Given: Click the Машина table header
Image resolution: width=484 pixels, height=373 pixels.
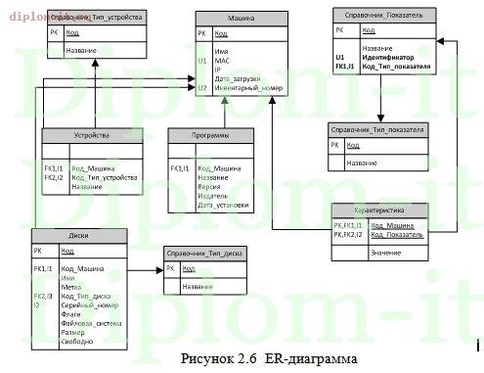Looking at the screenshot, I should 242,19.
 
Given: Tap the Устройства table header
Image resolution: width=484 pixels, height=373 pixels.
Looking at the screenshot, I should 93,135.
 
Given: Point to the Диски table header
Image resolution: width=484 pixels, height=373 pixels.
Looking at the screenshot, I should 78,234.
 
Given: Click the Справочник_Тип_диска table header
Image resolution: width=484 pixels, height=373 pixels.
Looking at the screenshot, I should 204,253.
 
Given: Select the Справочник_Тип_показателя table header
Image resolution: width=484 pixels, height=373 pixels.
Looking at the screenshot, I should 377,129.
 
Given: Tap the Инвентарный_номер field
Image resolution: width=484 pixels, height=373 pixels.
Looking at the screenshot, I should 244,88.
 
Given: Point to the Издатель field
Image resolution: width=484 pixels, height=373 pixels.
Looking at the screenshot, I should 212,196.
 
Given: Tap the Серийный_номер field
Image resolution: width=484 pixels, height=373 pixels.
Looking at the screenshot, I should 89,305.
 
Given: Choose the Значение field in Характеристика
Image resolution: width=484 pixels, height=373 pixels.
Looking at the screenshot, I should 385,254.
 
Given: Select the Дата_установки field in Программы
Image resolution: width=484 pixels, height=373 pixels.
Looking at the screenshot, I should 222,205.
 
